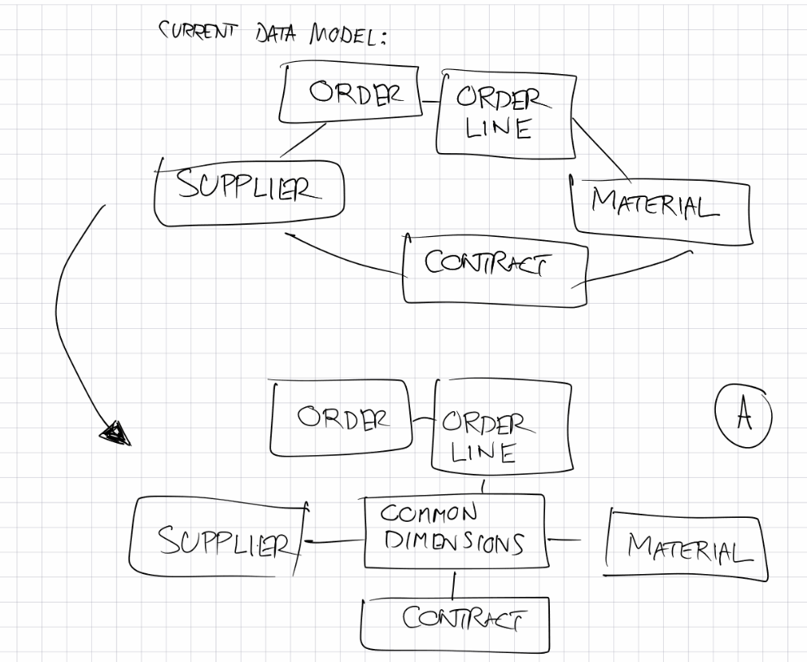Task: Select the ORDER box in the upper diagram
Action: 349,94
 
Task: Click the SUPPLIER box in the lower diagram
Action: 220,537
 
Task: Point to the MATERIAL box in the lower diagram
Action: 687,546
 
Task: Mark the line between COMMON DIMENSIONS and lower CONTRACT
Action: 453,583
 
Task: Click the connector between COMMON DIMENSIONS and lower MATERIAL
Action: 564,538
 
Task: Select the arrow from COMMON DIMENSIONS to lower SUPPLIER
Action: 334,539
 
